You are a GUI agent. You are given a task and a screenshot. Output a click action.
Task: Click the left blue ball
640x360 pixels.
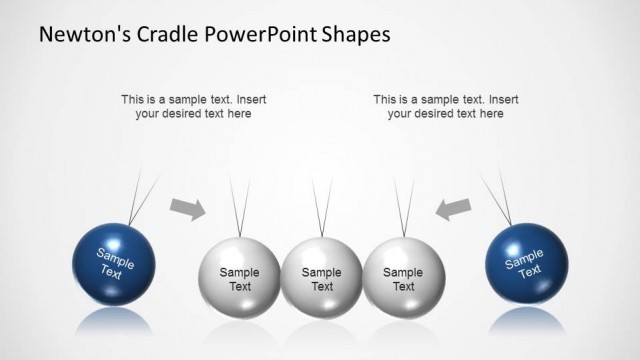click(x=114, y=264)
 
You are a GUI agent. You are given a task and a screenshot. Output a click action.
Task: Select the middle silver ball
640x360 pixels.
click(x=321, y=278)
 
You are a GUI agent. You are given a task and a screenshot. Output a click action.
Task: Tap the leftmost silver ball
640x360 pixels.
click(x=239, y=278)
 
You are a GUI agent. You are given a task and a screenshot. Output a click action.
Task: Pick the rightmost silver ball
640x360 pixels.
click(x=403, y=278)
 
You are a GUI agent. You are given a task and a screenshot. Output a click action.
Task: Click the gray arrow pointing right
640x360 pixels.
click(x=187, y=207)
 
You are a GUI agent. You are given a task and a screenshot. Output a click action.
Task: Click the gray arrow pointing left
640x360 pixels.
click(x=453, y=207)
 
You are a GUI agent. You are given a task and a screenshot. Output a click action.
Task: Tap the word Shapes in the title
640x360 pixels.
click(x=358, y=34)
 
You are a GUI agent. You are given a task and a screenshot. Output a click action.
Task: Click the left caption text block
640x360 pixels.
click(x=193, y=106)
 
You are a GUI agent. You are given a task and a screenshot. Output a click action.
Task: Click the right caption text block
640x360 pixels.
click(x=445, y=106)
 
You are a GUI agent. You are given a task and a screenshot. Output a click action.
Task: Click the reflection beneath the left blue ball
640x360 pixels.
click(x=114, y=321)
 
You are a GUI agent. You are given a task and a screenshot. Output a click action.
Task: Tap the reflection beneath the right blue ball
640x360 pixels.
click(x=525, y=321)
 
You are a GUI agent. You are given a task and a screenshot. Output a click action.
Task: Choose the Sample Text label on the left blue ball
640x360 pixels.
click(x=113, y=262)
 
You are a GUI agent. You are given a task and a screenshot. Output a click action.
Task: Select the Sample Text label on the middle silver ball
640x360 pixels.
click(x=321, y=279)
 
